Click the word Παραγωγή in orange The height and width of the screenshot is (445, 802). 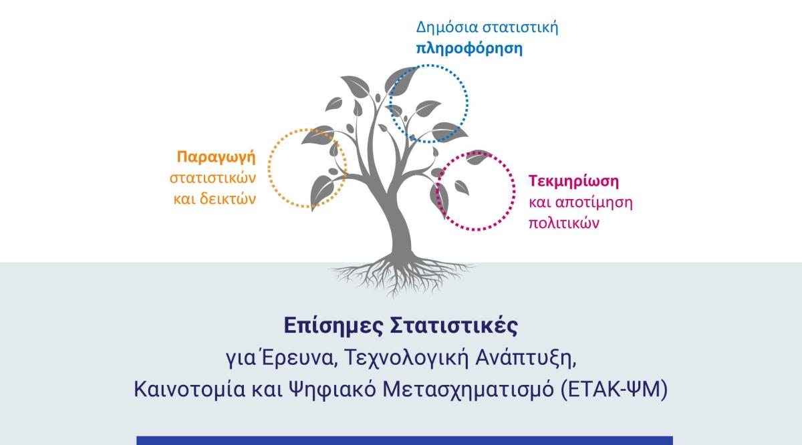point(217,158)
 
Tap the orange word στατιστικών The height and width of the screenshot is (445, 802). point(213,178)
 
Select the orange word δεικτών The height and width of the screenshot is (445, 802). point(228,198)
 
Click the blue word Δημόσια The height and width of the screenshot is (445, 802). point(446,27)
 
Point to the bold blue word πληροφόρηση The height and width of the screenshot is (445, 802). point(469,48)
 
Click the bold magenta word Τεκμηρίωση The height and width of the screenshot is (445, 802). point(573,181)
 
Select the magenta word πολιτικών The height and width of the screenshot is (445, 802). point(564,223)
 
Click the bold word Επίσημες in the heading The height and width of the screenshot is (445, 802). point(333,326)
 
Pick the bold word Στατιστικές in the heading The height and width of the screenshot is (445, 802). point(454,326)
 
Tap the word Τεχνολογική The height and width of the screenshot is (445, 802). point(406,358)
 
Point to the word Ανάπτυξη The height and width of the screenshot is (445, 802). point(525,358)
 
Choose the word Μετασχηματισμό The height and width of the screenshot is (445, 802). point(469,390)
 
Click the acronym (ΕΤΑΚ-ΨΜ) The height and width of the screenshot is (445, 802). point(614,390)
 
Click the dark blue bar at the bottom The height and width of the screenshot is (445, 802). point(404,440)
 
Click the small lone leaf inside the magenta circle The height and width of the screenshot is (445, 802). point(462,187)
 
